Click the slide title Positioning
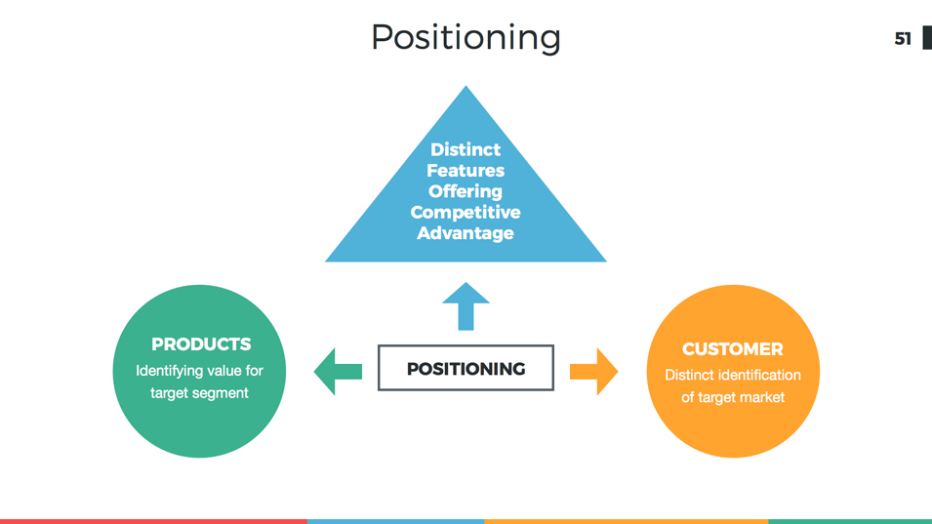click(466, 37)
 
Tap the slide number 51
click(903, 39)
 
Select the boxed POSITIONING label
click(466, 369)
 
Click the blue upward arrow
click(466, 306)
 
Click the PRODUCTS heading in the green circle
click(201, 344)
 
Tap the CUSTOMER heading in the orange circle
click(732, 349)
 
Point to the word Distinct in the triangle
click(466, 149)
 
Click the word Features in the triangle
click(466, 171)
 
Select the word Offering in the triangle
click(466, 191)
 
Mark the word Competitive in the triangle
click(466, 212)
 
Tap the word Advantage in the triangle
click(466, 233)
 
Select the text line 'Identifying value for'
click(199, 371)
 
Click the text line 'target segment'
click(199, 393)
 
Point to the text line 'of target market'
click(732, 397)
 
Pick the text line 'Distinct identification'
click(732, 375)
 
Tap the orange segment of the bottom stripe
click(626, 521)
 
